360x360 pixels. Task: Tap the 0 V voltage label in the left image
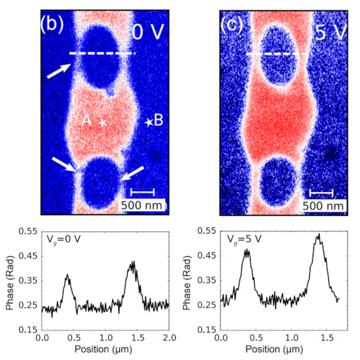[149, 32]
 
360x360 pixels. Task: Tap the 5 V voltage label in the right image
[327, 32]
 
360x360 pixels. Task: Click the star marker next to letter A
[103, 123]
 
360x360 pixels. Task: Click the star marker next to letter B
[148, 122]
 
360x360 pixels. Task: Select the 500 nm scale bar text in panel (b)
[143, 205]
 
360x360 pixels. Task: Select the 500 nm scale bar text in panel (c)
[323, 205]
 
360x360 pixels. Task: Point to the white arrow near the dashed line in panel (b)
[60, 70]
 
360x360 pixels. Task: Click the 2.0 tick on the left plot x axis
[169, 340]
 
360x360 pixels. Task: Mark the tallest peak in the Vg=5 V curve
[318, 235]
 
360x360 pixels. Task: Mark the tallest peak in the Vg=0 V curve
[133, 263]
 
